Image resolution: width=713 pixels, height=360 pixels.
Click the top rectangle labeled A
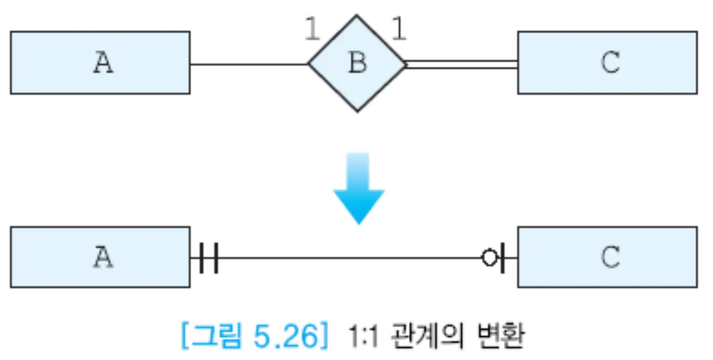[x=100, y=62]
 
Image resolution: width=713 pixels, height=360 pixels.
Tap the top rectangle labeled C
[x=607, y=62]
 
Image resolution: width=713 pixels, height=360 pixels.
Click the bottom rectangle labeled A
[x=100, y=257]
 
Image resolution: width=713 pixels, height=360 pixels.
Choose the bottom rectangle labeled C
[x=607, y=257]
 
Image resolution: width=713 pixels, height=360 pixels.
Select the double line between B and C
[x=461, y=64]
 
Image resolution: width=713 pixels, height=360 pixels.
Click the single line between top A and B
[x=248, y=64]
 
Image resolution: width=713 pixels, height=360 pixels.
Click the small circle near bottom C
[x=489, y=257]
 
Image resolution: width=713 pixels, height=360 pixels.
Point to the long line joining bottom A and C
[x=348, y=257]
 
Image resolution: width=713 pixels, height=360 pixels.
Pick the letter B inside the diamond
[x=357, y=63]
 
